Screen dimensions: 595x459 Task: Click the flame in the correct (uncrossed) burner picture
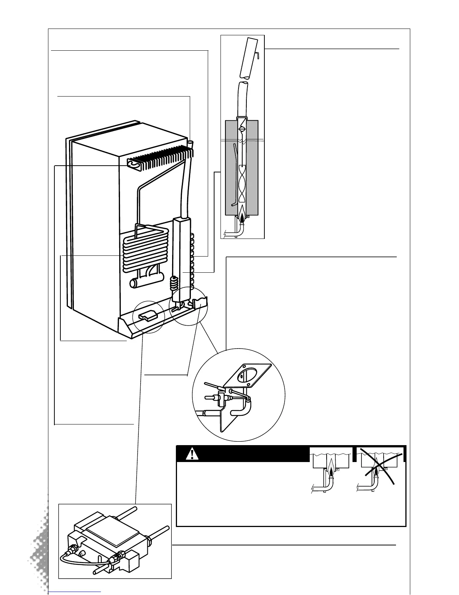coord(331,470)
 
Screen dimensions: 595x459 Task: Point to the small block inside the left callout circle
coord(147,316)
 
